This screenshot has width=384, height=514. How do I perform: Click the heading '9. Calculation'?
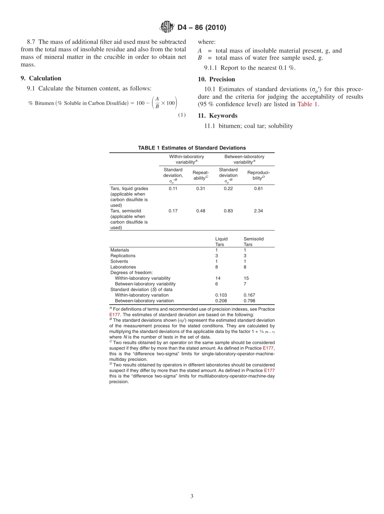coord(41,78)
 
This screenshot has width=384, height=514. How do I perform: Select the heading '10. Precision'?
coord(216,79)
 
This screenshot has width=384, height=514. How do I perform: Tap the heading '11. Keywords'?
coord(217,116)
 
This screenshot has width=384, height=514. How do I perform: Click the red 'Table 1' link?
coord(307,104)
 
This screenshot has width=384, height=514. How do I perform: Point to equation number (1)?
coord(182,115)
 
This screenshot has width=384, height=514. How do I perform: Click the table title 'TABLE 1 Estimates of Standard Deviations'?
coord(192,148)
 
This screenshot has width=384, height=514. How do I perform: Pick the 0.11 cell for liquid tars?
coord(173,188)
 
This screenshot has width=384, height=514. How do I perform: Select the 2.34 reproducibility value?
coord(258,211)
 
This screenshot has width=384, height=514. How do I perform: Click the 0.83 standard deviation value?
coord(228,211)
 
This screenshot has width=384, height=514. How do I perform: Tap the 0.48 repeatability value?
coord(200,211)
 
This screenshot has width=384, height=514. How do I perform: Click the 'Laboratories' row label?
coord(123,267)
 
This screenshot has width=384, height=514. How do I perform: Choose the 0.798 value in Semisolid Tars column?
coord(249,301)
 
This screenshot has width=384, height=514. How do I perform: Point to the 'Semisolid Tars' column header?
coord(253,242)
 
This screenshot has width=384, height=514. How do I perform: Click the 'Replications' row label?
coord(123,256)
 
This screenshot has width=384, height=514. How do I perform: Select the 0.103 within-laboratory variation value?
coord(221,295)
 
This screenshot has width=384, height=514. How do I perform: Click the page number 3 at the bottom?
coord(192,496)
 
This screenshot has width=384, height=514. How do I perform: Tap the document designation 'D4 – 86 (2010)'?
coord(202,28)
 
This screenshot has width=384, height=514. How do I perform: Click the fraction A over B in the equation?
coord(157,103)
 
